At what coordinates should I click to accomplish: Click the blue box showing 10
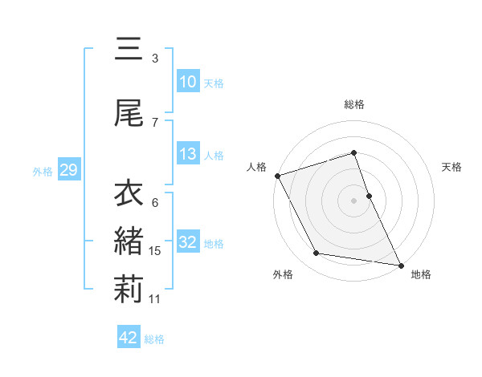(188, 82)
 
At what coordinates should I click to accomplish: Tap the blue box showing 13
(188, 154)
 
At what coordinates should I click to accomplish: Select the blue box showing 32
(188, 242)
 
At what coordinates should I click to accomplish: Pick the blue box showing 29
(68, 170)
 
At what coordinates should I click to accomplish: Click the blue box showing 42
(129, 338)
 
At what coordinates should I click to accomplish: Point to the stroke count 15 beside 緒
(155, 251)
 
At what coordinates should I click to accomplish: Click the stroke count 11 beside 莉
(155, 299)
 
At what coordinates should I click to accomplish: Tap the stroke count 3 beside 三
(155, 58)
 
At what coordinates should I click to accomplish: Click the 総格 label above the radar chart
(354, 104)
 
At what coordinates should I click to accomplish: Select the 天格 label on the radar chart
(452, 167)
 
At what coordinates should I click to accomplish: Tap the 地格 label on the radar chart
(421, 274)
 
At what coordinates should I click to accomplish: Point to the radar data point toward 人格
(277, 175)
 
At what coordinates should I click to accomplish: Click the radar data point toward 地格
(401, 264)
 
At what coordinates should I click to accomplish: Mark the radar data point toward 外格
(317, 253)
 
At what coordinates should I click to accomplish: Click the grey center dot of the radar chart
(354, 200)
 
